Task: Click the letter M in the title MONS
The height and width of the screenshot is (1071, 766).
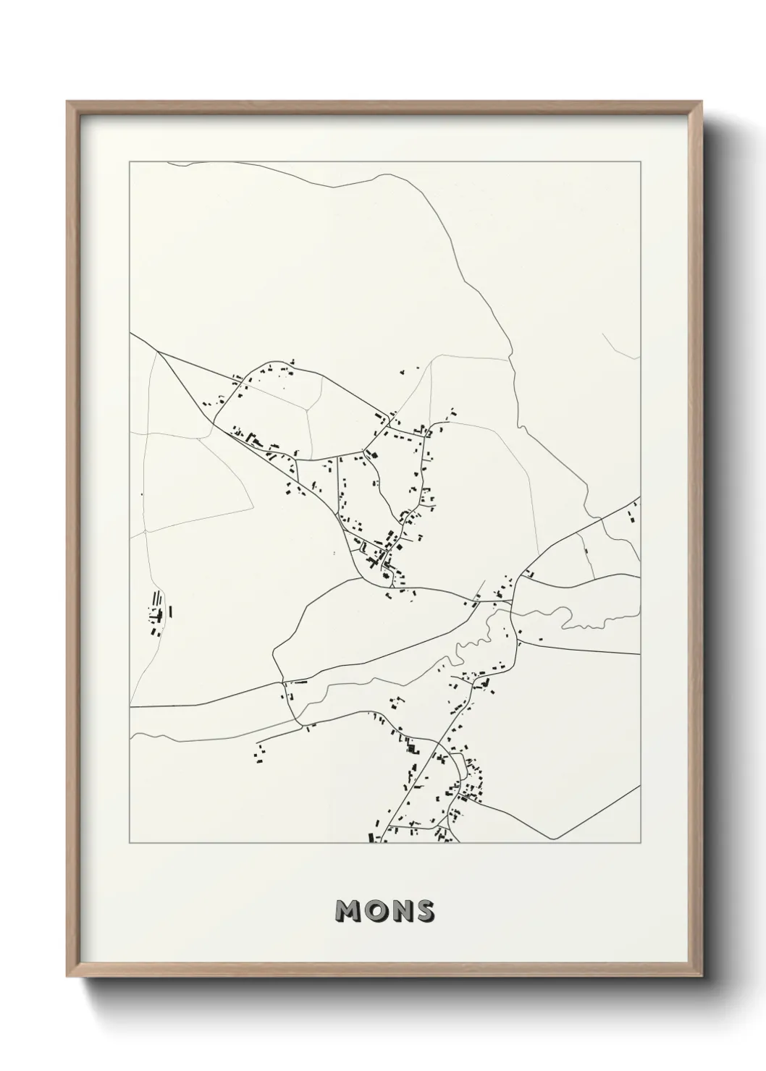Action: click(x=348, y=913)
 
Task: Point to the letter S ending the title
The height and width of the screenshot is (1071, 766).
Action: click(x=423, y=913)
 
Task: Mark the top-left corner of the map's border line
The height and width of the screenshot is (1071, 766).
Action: click(x=130, y=161)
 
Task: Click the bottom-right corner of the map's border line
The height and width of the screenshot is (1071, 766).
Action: click(x=640, y=843)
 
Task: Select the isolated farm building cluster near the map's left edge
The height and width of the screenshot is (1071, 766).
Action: click(x=158, y=612)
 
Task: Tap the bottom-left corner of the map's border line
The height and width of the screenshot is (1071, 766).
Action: click(x=130, y=843)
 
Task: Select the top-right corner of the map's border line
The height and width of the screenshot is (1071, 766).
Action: click(x=640, y=161)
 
